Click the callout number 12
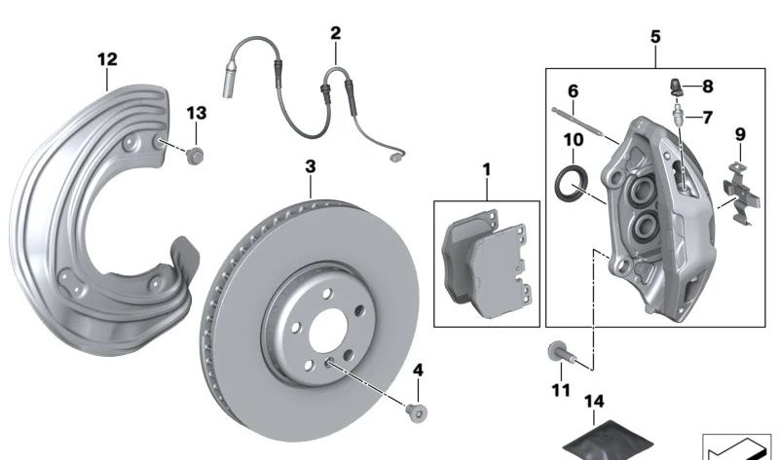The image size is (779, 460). click(x=107, y=59)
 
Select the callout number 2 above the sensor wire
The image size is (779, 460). click(x=336, y=33)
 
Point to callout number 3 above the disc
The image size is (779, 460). click(x=311, y=167)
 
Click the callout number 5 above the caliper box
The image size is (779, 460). click(x=654, y=36)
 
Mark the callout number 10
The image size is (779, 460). click(x=575, y=139)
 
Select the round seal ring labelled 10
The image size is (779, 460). click(x=571, y=184)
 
